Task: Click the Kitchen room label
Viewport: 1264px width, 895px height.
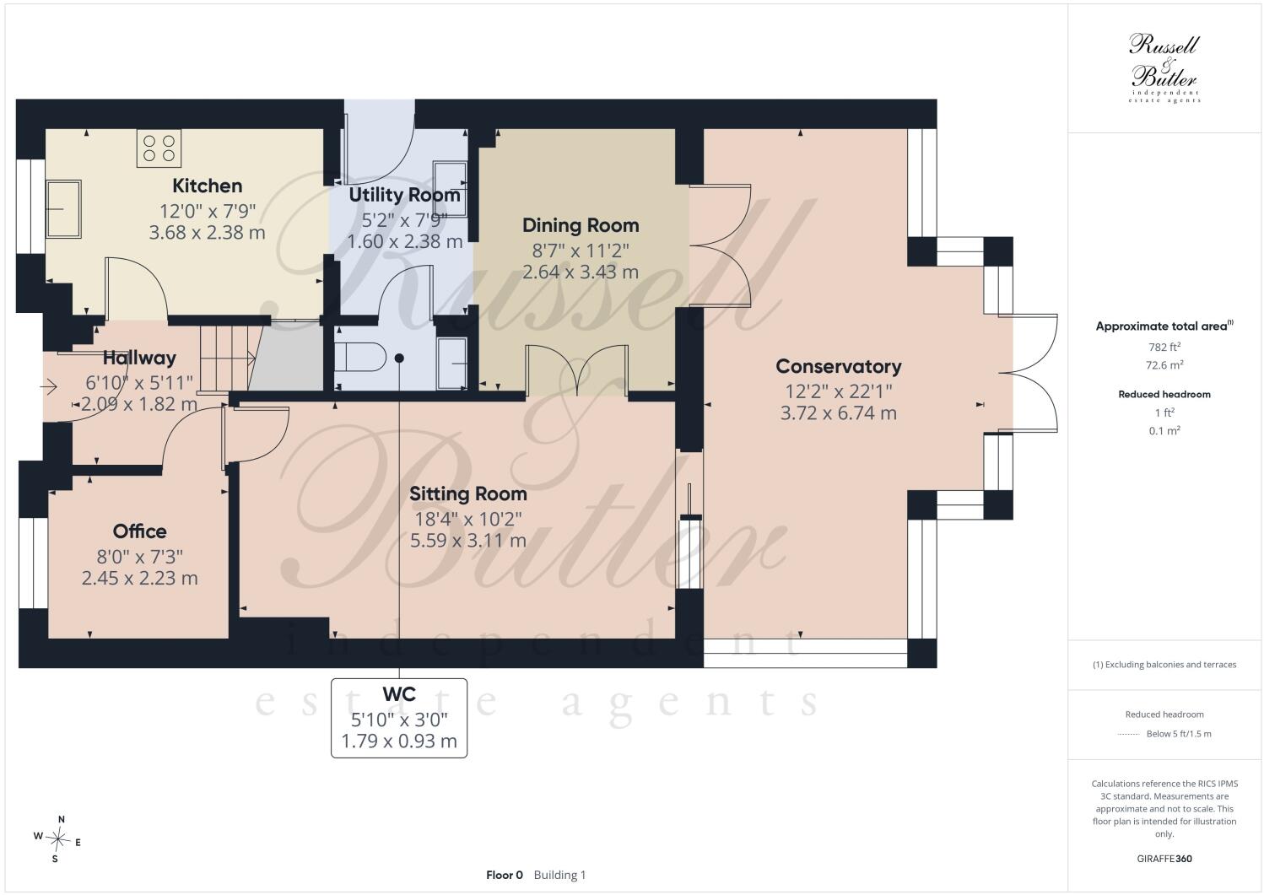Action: click(x=207, y=186)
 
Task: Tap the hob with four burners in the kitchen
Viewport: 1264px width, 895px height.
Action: click(x=159, y=148)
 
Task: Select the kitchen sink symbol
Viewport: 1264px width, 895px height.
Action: click(x=63, y=208)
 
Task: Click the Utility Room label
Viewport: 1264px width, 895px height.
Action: click(x=404, y=195)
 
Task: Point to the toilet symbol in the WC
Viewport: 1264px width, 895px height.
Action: click(x=359, y=357)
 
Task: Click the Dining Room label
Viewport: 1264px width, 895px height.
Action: click(x=581, y=225)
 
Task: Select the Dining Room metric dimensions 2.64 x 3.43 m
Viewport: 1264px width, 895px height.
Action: click(x=581, y=272)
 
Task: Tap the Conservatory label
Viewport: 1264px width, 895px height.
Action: click(x=839, y=366)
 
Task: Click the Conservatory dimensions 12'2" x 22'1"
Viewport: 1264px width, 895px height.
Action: click(x=839, y=391)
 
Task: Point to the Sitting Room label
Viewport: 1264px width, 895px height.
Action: click(x=467, y=493)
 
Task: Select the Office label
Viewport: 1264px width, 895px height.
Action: click(x=139, y=531)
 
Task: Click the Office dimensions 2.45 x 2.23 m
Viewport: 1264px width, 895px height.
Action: click(x=139, y=578)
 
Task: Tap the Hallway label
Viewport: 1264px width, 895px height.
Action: click(x=139, y=358)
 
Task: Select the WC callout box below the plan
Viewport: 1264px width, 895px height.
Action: click(x=399, y=718)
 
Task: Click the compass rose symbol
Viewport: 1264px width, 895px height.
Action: click(x=57, y=839)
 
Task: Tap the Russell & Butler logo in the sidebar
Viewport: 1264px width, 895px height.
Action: click(x=1164, y=67)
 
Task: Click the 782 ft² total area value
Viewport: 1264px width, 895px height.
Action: click(x=1164, y=347)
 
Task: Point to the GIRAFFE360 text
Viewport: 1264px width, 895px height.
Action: click(x=1164, y=859)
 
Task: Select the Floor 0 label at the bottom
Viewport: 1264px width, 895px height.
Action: click(x=505, y=875)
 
